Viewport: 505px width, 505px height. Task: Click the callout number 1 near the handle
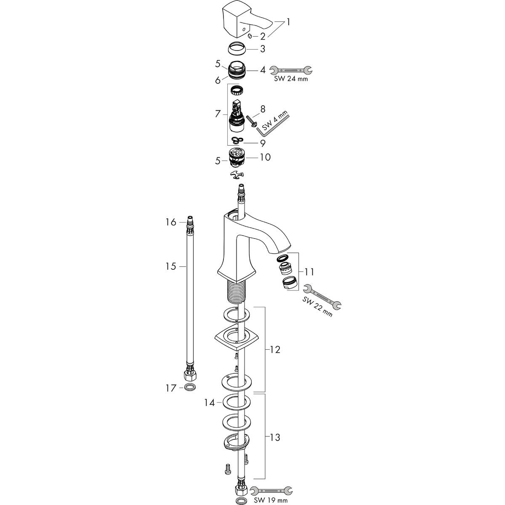click(288, 22)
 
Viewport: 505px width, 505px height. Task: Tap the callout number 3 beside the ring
click(263, 49)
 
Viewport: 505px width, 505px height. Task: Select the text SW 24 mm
click(291, 79)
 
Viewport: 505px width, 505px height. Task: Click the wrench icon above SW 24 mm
click(291, 70)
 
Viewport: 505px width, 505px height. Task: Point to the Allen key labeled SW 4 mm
click(273, 123)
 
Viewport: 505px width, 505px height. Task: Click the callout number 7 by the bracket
click(218, 114)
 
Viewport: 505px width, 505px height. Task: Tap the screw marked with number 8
click(252, 122)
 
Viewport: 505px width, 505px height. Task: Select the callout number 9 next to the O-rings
click(263, 143)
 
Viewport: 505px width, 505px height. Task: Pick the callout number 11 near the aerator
click(309, 272)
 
